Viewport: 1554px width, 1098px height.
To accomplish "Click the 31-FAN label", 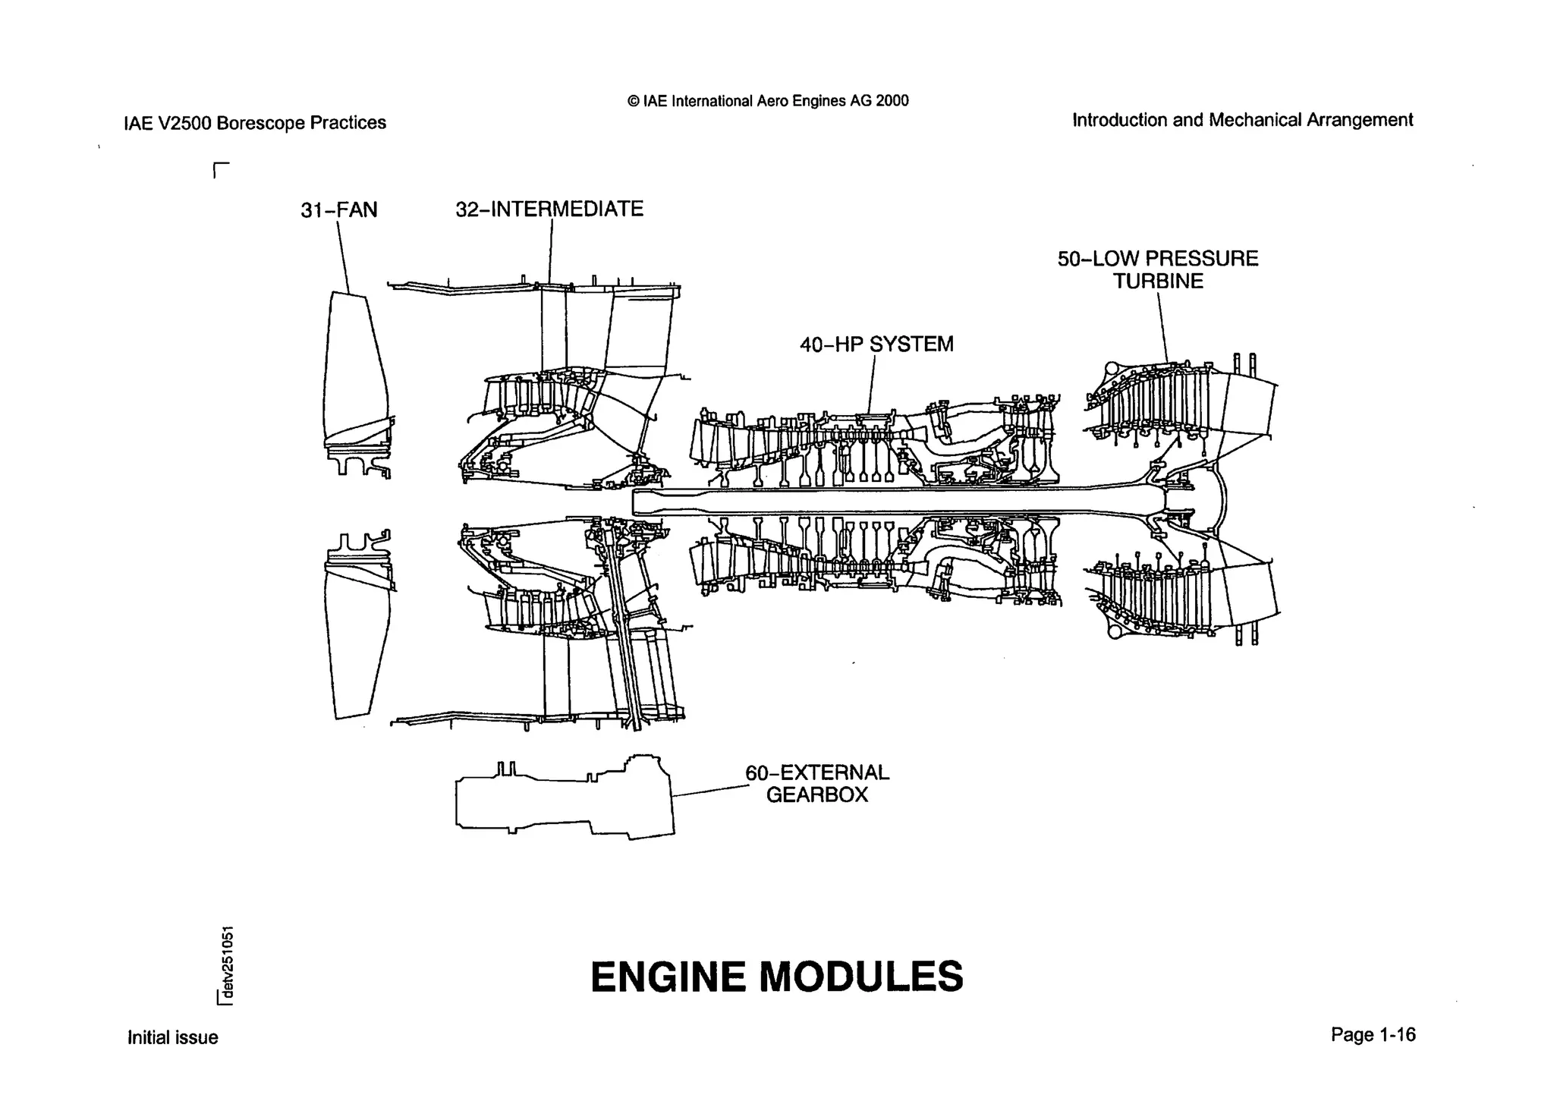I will [338, 210].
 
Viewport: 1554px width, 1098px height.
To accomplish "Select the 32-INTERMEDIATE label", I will [549, 209].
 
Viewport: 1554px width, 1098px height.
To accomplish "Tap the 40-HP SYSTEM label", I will [876, 345].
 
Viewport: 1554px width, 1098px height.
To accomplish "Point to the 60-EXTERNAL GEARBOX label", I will [817, 784].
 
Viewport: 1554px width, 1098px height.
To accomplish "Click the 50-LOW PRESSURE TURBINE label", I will [1158, 269].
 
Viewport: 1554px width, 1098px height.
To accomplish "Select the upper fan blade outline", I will [354, 372].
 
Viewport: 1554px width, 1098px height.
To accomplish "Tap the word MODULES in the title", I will [861, 977].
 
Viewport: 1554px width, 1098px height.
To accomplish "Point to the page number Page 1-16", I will [1373, 1035].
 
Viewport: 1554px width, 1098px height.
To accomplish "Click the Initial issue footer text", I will [172, 1037].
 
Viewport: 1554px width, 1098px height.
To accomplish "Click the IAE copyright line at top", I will [767, 101].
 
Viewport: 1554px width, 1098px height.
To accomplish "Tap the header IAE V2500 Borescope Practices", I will [254, 123].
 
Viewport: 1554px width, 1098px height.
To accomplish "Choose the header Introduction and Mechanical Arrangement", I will [1242, 120].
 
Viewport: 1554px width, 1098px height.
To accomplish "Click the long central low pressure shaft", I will [895, 502].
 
